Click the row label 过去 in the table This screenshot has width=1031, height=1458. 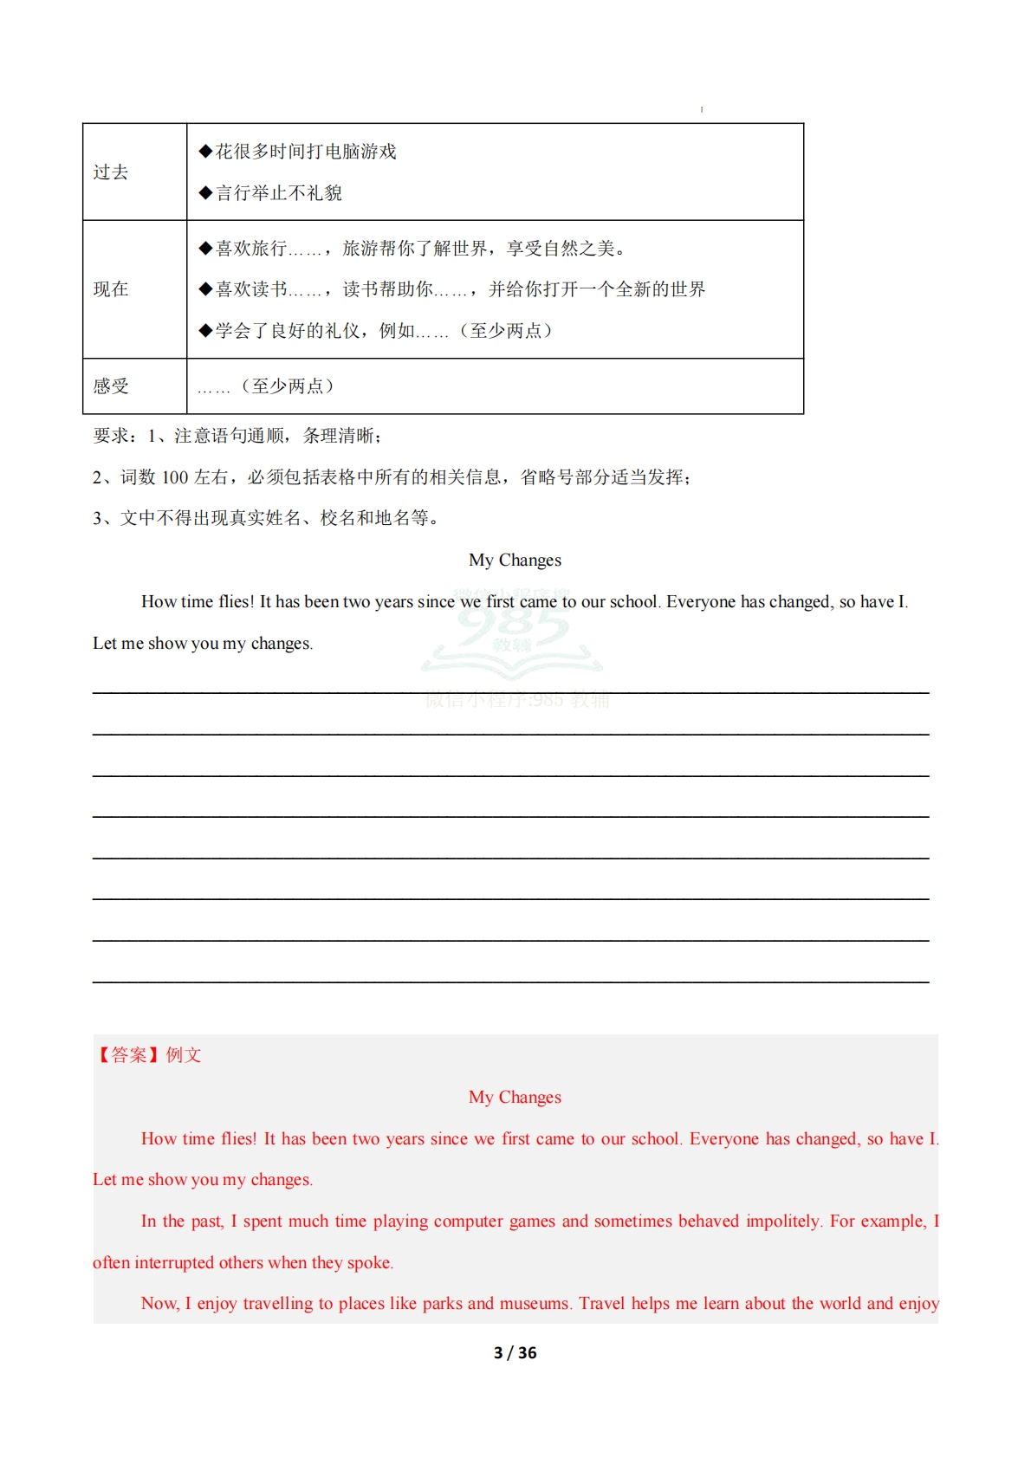[111, 172]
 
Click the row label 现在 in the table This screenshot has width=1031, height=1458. [111, 289]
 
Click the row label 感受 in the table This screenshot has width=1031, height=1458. [111, 386]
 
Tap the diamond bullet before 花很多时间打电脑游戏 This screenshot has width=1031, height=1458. [205, 152]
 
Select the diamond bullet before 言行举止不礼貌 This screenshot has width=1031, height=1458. [205, 192]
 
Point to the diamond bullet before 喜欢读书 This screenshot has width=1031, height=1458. [205, 288]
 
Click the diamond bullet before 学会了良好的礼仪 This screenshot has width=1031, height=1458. [205, 330]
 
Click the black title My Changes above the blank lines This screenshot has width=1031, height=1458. [515, 561]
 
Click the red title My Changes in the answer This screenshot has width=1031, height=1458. [515, 1098]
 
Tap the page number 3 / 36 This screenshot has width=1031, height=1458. [515, 1352]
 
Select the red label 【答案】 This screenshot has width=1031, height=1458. [128, 1055]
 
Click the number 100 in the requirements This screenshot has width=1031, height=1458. [175, 477]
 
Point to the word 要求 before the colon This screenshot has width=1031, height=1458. [110, 436]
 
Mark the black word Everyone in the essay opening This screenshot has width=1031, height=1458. [700, 602]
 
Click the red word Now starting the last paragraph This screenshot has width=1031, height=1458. [159, 1304]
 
